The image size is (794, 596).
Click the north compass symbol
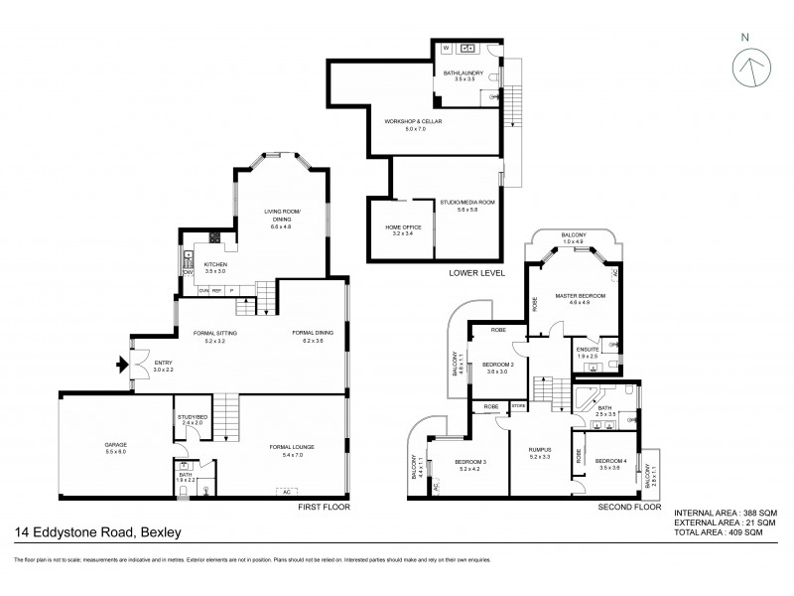tap(751, 67)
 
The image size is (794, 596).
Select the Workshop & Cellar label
tap(413, 124)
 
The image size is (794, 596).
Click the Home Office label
tap(404, 229)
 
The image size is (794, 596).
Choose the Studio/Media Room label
tap(466, 206)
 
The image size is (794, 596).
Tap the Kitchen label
tap(215, 266)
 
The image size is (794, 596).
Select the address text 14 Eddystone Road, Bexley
tap(97, 533)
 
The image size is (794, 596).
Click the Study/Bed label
tap(192, 418)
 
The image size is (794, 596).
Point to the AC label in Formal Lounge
tap(286, 492)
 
